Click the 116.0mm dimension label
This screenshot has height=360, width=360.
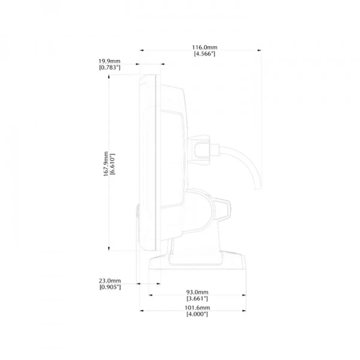pyautogui.click(x=205, y=47)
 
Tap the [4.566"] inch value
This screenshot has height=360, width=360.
pyautogui.click(x=205, y=54)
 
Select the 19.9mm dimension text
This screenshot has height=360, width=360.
pyautogui.click(x=109, y=61)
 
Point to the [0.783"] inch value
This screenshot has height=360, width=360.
pyautogui.click(x=110, y=67)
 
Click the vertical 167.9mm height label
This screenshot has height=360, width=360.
pyautogui.click(x=106, y=164)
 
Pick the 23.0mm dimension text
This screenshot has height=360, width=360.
pyautogui.click(x=110, y=280)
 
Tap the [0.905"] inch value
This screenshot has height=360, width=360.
pyautogui.click(x=110, y=287)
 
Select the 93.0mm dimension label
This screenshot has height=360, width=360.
pyautogui.click(x=197, y=292)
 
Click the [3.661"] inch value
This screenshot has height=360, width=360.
pyautogui.click(x=197, y=298)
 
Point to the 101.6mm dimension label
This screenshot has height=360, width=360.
pyautogui.click(x=197, y=308)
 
